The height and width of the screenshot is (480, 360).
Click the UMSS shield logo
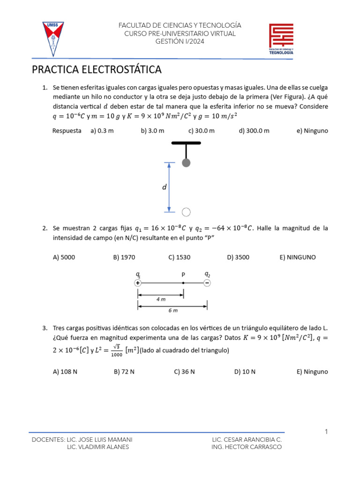[53, 37]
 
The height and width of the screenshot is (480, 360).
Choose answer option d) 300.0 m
[254, 131]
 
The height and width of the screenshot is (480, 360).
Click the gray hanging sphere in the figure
[186, 163]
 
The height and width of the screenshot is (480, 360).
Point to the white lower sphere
[186, 212]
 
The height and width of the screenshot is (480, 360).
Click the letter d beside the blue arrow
[164, 187]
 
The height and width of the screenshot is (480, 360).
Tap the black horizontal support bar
[186, 143]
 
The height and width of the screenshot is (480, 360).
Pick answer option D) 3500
[238, 257]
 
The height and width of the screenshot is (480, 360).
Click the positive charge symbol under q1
[137, 283]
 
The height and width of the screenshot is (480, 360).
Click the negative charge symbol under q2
[207, 283]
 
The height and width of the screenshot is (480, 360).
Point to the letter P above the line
[183, 275]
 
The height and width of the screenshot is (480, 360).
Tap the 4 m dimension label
[161, 298]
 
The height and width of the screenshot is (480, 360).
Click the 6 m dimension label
[172, 310]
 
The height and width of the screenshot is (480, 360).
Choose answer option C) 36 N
[184, 372]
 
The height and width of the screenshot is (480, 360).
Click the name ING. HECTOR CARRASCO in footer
[247, 447]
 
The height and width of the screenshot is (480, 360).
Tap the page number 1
[326, 432]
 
